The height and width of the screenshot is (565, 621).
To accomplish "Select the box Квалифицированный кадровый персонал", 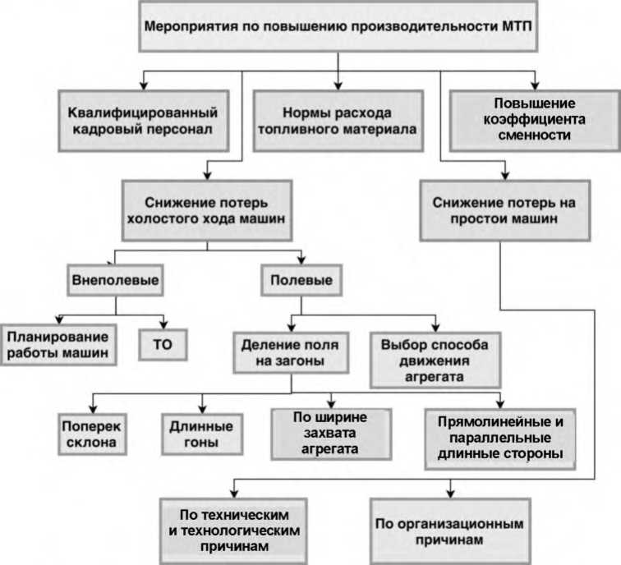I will click(x=143, y=119).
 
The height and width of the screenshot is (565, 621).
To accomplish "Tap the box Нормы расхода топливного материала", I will click(x=335, y=120).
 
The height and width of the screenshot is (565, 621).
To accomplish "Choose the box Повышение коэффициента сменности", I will click(x=533, y=119).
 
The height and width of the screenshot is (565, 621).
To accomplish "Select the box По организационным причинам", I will click(x=449, y=530).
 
